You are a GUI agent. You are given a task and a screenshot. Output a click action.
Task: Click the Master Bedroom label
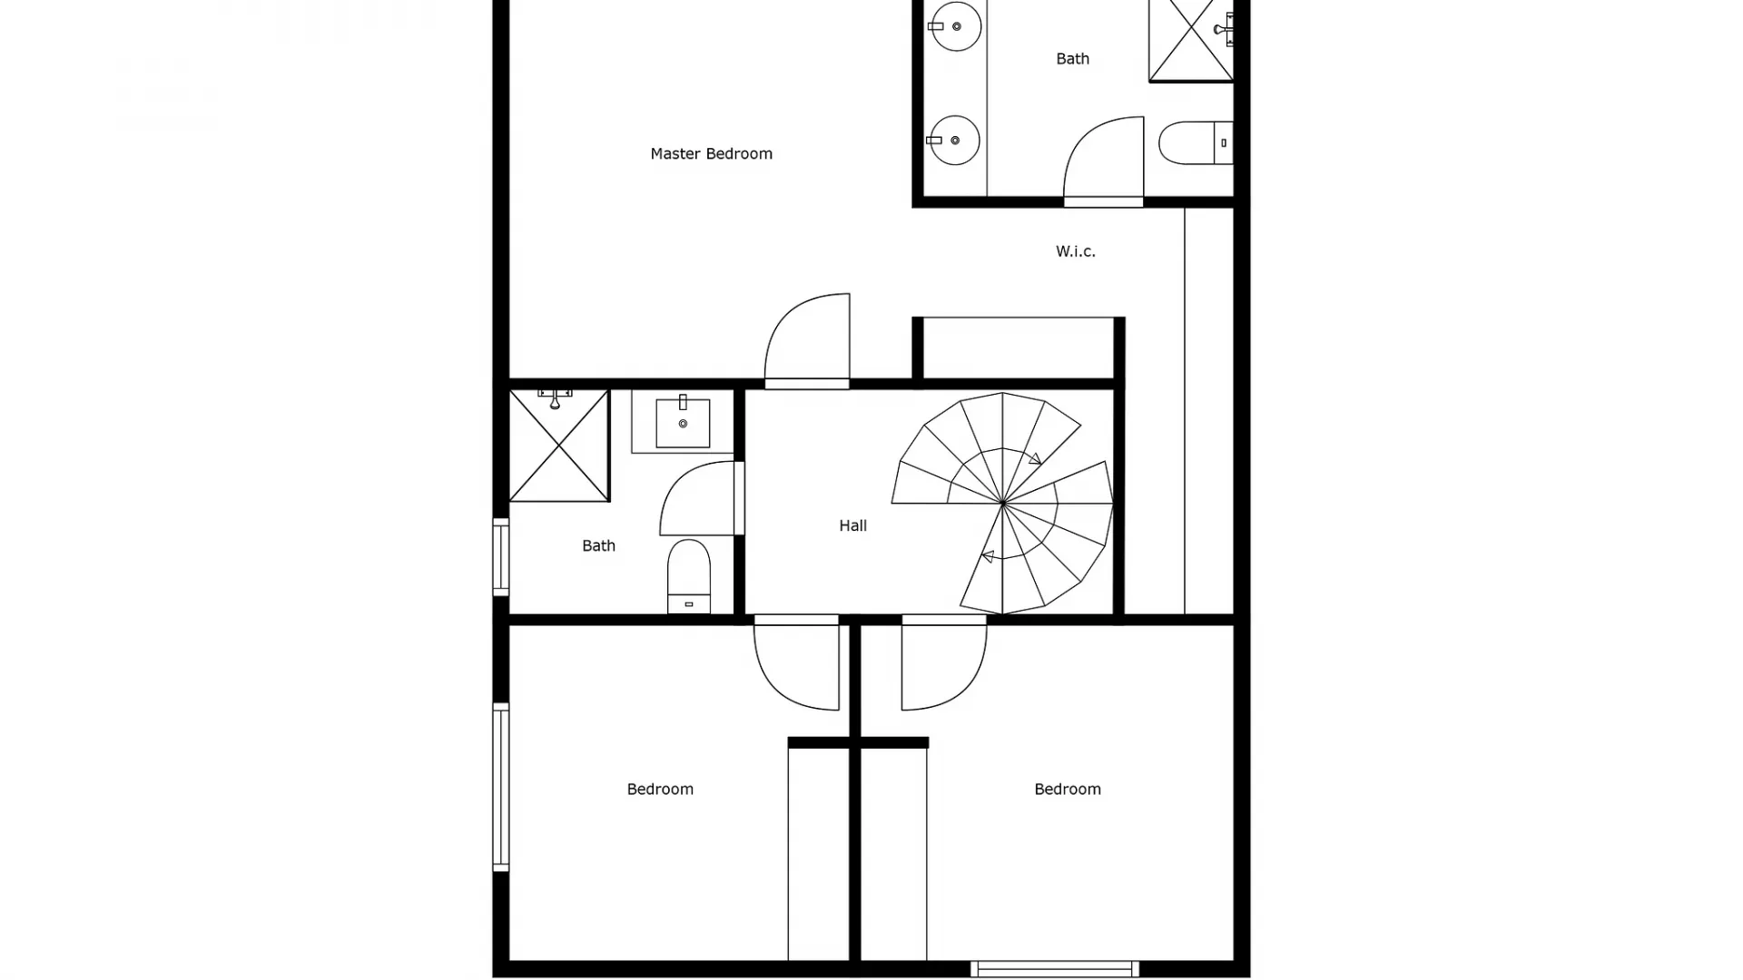(711, 153)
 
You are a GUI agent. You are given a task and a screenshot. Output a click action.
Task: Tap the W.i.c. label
(1075, 251)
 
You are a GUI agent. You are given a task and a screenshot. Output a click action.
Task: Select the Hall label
(852, 525)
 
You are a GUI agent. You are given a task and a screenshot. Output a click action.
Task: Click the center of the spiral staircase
(1002, 503)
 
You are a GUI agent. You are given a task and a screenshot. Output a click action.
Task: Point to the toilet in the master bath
(1195, 142)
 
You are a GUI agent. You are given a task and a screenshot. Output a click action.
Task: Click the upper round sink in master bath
(956, 25)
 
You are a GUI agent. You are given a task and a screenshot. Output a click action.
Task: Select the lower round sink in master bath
(955, 140)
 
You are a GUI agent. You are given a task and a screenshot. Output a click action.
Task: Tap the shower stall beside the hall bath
(558, 445)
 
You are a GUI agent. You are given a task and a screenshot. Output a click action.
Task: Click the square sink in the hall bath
(683, 423)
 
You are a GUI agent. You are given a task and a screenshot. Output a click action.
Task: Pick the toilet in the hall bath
(689, 575)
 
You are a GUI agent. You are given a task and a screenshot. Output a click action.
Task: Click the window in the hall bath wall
(501, 556)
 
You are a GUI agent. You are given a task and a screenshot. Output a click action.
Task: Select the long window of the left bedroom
(501, 787)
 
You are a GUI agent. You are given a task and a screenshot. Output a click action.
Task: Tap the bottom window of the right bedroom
(1054, 969)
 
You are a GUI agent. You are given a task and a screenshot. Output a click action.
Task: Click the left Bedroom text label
(660, 789)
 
